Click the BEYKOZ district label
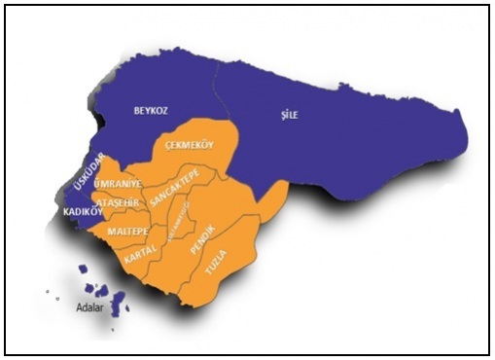(x=151, y=111)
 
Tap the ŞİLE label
(x=287, y=115)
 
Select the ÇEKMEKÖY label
(x=189, y=144)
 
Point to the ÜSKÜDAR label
(x=88, y=173)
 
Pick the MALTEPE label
(x=127, y=233)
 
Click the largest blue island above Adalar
(x=119, y=302)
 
